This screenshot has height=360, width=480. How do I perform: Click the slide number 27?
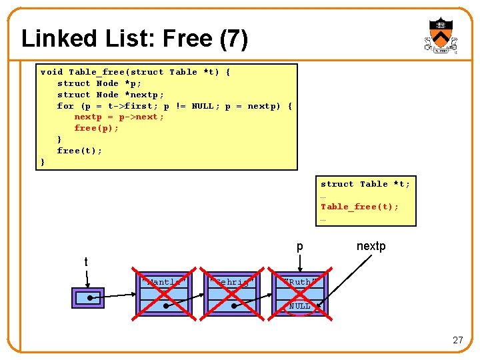(457, 340)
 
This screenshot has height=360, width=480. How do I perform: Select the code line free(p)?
(96, 128)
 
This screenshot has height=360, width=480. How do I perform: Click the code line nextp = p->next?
(119, 117)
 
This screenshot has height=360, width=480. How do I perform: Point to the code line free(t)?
(79, 151)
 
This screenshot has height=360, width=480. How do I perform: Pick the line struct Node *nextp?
(110, 95)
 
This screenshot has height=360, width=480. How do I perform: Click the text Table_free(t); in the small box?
(359, 207)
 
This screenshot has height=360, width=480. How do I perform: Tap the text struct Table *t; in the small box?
(365, 184)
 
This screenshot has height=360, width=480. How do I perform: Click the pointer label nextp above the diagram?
(371, 246)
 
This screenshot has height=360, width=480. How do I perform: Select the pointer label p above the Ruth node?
(299, 247)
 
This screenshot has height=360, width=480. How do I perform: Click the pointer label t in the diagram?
(86, 262)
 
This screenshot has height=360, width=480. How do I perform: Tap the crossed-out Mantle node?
(162, 294)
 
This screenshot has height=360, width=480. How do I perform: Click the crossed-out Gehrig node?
(232, 294)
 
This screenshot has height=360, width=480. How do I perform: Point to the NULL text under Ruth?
(299, 306)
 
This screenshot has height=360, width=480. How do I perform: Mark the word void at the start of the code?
(51, 72)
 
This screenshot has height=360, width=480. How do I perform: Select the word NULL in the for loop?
(202, 106)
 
